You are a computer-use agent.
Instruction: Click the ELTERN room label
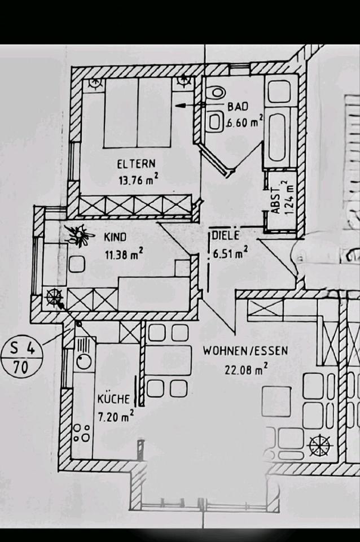click(136, 165)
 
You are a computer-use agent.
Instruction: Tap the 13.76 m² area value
click(137, 181)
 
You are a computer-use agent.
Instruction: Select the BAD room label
click(238, 106)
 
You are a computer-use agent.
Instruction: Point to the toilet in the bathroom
click(216, 94)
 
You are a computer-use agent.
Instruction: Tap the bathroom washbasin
click(214, 121)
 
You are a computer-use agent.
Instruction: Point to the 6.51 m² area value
click(231, 254)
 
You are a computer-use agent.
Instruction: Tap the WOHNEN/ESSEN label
click(245, 351)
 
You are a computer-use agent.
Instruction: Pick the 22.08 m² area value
click(245, 370)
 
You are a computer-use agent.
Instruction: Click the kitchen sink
click(84, 354)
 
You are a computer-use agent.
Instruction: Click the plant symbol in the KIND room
click(80, 234)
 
